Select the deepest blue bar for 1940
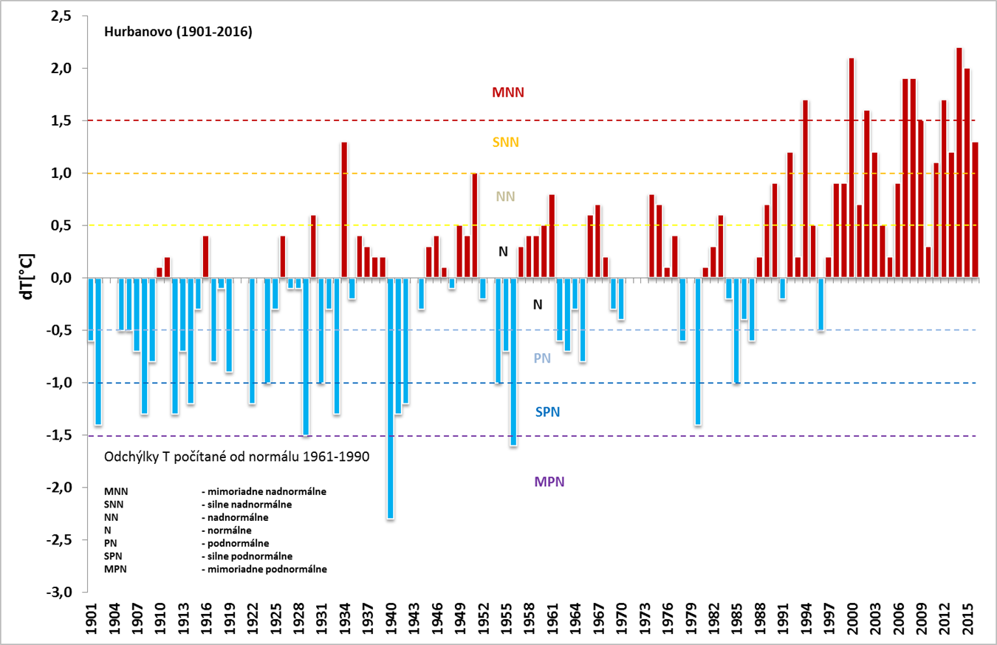[391, 399]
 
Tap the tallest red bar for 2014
[959, 163]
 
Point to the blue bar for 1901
[91, 309]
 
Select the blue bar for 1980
[698, 351]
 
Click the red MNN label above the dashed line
[507, 93]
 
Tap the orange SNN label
[505, 143]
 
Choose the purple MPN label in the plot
[549, 482]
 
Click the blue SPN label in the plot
[547, 412]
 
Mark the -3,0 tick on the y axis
[60, 593]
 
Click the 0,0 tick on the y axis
[61, 278]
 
